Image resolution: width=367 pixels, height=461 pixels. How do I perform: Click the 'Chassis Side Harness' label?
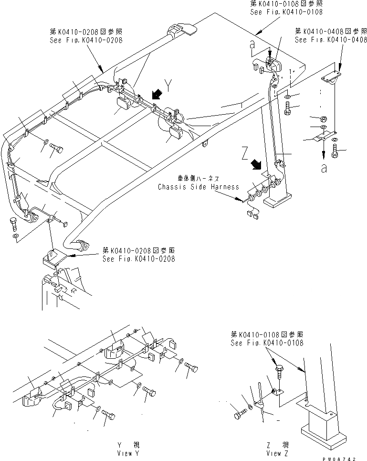click(x=199, y=187)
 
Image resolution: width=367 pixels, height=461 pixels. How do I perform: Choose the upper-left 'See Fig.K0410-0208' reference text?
click(x=86, y=40)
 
